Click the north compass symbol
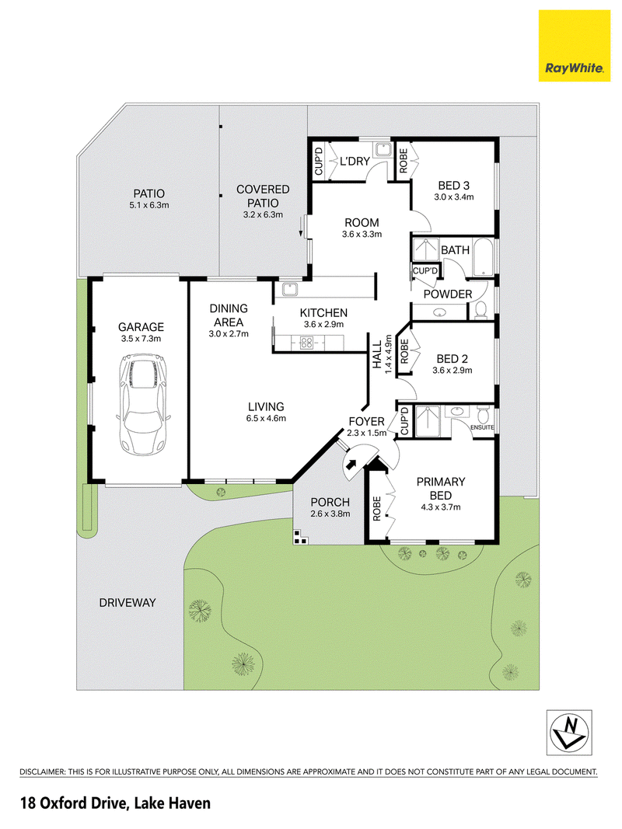click(x=569, y=732)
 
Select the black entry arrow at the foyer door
click(x=350, y=464)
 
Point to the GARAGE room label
click(x=142, y=327)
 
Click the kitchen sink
click(x=290, y=289)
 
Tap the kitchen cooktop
click(x=306, y=343)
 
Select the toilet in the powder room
click(x=480, y=310)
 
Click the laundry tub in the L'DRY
click(x=382, y=150)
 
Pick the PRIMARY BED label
click(x=441, y=489)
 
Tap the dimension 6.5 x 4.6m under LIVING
click(x=266, y=418)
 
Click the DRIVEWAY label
click(x=128, y=603)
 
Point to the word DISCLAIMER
click(x=42, y=772)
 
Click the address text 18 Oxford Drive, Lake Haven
click(x=115, y=803)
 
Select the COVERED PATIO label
click(x=263, y=196)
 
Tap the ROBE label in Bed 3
click(x=404, y=161)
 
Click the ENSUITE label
click(x=482, y=427)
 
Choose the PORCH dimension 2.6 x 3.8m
click(x=330, y=514)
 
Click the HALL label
click(x=377, y=354)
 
